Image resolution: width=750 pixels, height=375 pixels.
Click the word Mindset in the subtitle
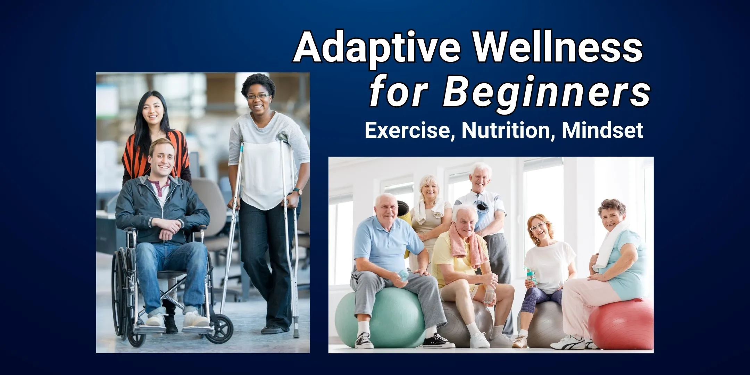(x=602, y=130)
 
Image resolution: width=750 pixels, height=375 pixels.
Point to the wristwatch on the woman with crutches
(x=298, y=191)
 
